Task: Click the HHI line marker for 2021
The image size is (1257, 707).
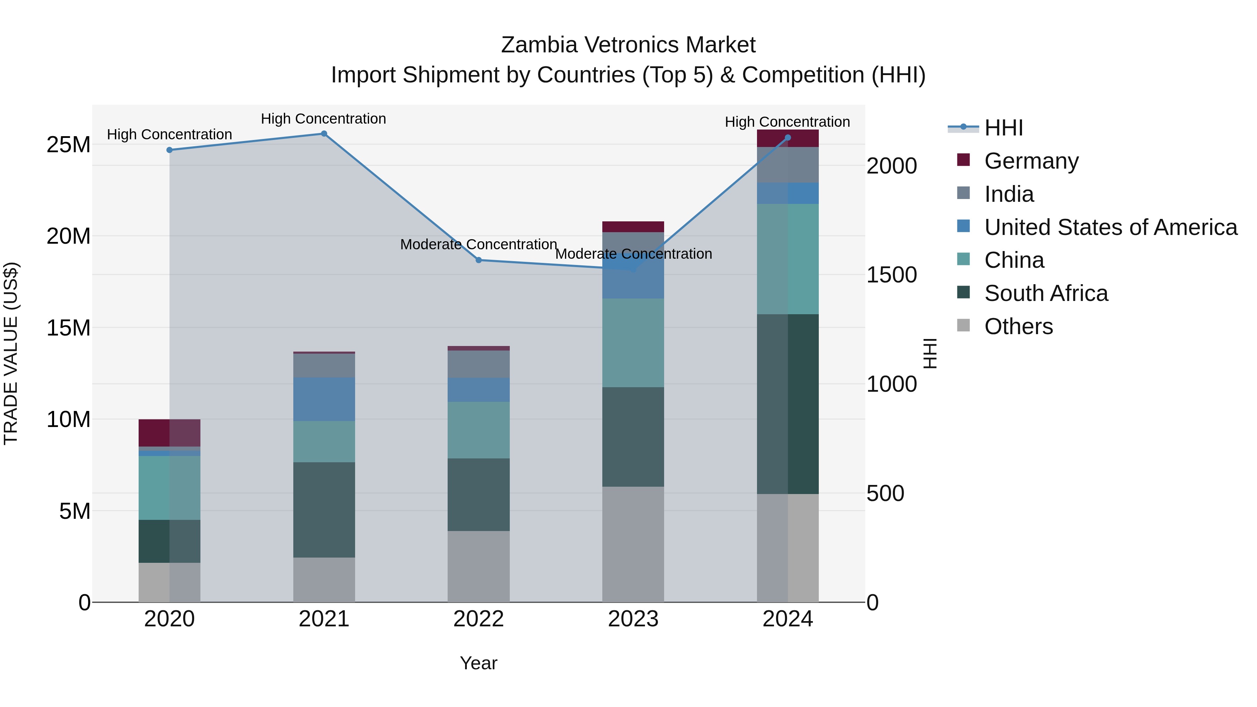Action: [324, 134]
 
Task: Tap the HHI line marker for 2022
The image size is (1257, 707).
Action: [479, 260]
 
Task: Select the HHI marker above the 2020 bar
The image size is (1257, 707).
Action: [169, 150]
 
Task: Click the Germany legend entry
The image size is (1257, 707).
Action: [1031, 161]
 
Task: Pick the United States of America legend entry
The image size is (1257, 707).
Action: [1110, 227]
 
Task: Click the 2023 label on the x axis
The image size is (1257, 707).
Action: [633, 619]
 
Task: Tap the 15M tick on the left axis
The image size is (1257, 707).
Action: [68, 328]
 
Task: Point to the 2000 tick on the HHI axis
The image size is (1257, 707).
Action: [891, 166]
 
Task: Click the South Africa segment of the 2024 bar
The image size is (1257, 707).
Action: [788, 404]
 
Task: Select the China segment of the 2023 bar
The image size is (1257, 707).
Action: [633, 343]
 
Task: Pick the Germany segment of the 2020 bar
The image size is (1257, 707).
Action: [169, 433]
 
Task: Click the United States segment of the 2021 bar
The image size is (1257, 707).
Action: [324, 399]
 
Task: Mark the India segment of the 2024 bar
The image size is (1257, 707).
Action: [788, 165]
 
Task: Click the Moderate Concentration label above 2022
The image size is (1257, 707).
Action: [478, 244]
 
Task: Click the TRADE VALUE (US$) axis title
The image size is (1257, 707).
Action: [11, 353]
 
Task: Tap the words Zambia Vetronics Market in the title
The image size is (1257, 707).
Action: [628, 45]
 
